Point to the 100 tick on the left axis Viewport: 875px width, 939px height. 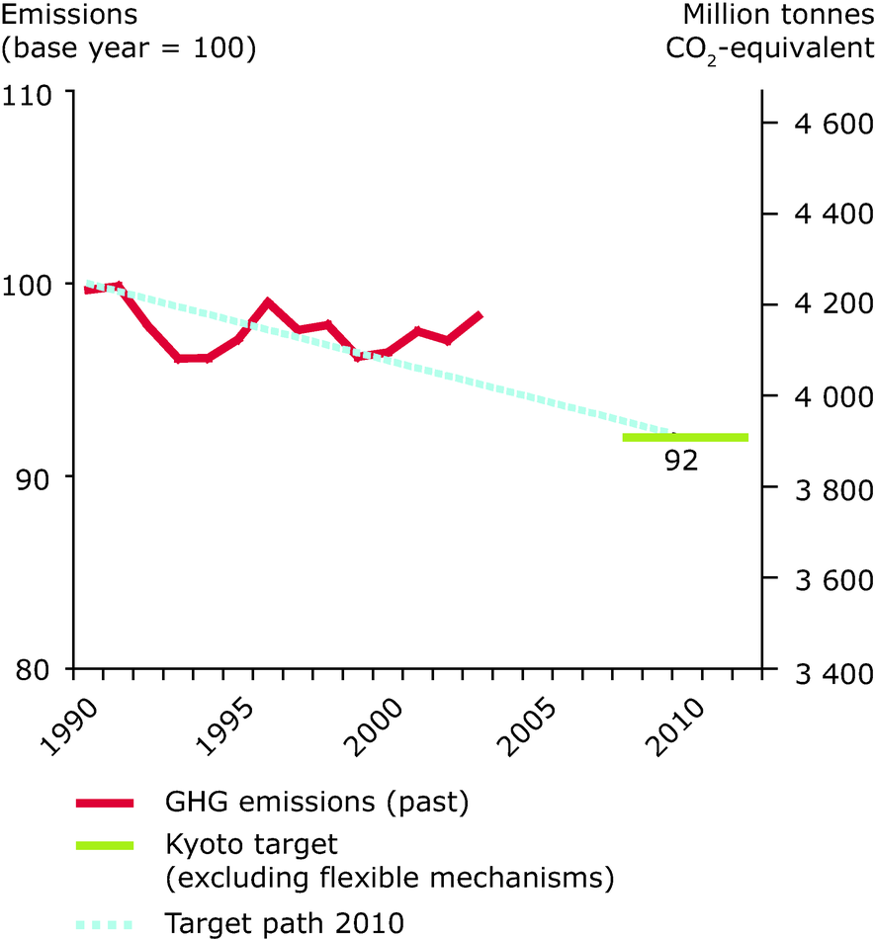(33, 285)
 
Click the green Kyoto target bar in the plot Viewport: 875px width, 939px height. (685, 437)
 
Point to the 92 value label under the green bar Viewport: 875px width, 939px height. (681, 461)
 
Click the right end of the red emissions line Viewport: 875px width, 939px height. (480, 315)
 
